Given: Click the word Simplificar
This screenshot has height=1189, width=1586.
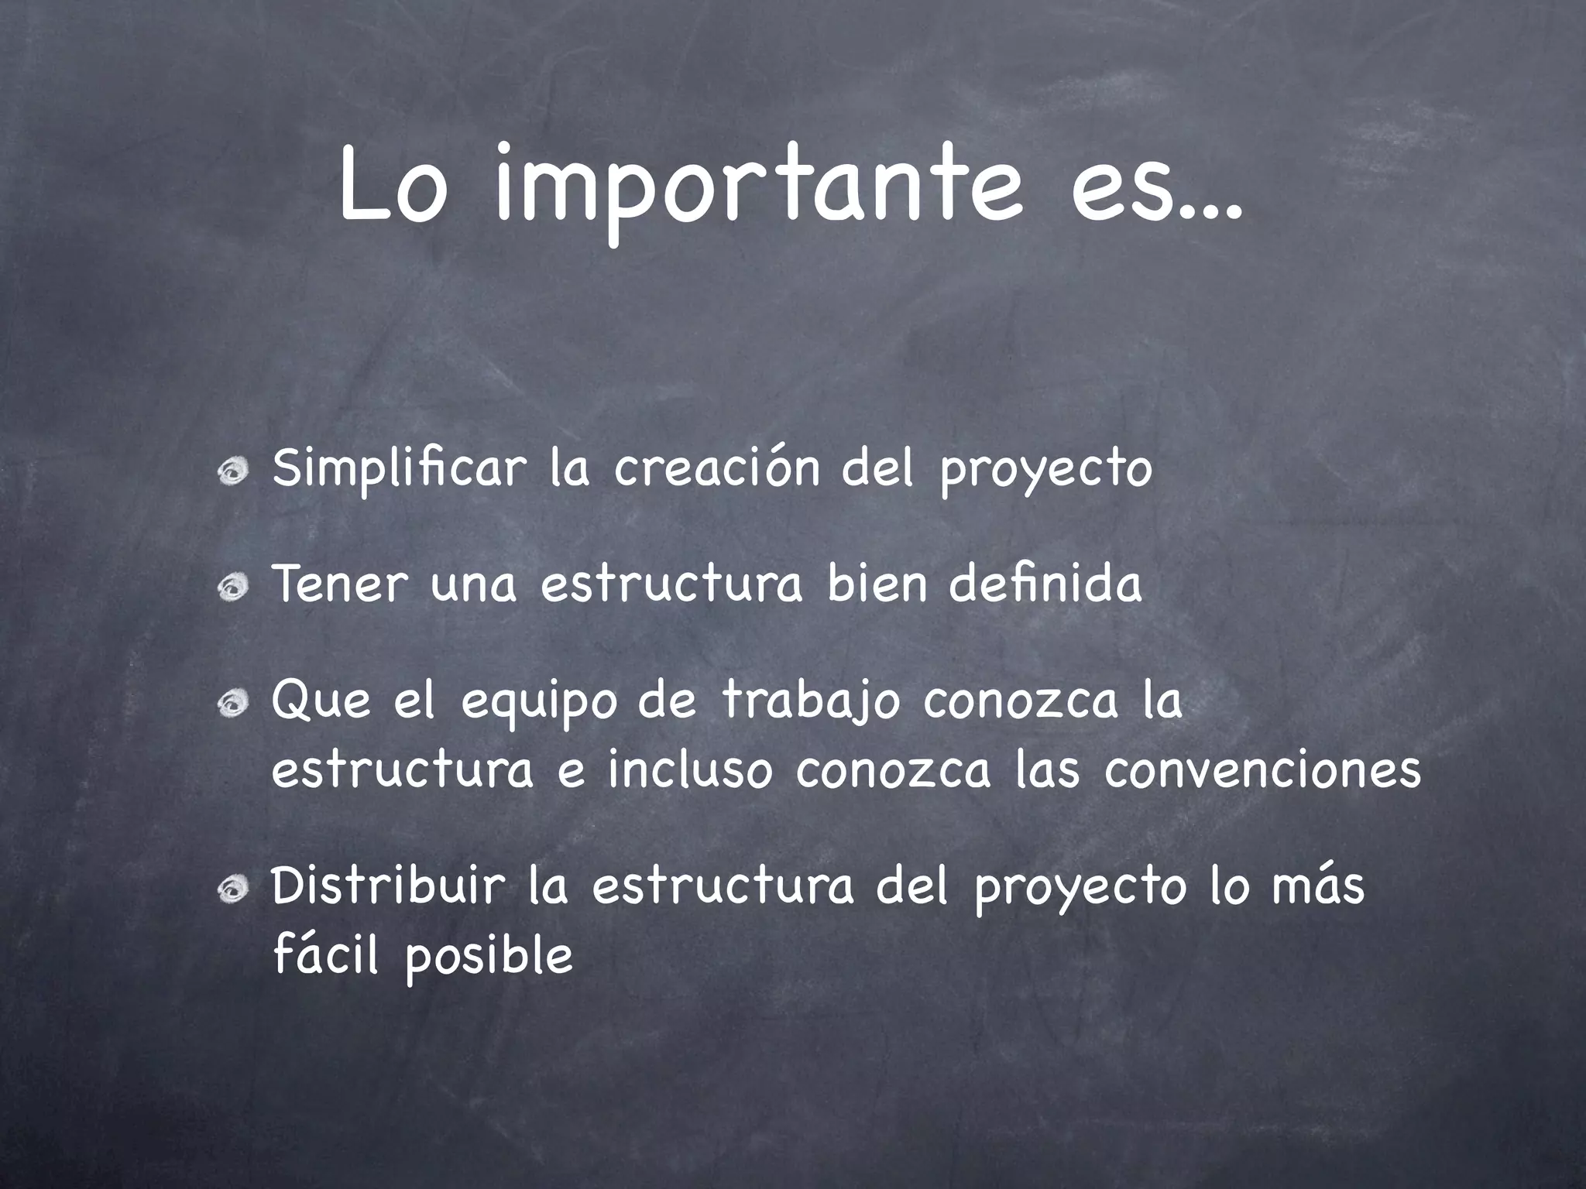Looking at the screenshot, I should pos(399,469).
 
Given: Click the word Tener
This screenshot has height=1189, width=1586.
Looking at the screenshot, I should pos(339,584).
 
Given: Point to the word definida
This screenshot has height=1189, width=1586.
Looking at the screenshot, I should pos(1045,584).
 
